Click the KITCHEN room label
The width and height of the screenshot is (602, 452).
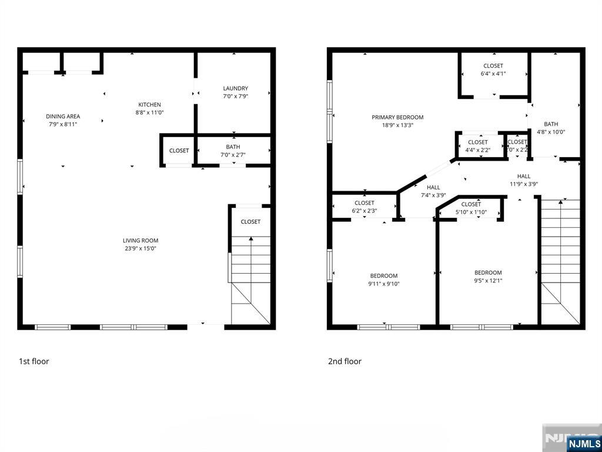[x=149, y=105]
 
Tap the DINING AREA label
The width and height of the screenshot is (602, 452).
[x=63, y=117]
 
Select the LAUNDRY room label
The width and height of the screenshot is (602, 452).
[x=235, y=89]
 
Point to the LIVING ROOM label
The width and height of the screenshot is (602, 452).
[x=141, y=240]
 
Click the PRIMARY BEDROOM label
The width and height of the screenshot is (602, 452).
[x=397, y=117]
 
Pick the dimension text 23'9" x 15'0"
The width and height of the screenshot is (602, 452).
[x=140, y=248]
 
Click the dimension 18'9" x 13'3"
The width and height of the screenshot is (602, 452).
[x=397, y=125]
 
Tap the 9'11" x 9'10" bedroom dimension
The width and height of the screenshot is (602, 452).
[x=384, y=284]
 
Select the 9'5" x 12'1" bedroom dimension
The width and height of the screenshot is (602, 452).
[x=488, y=281]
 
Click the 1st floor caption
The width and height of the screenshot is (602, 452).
[x=34, y=361]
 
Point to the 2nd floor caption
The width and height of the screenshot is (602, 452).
[x=345, y=361]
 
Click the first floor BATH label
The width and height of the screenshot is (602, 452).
[x=233, y=147]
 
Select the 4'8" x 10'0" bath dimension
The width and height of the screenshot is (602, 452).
[x=551, y=132]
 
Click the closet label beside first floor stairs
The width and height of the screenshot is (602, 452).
[x=250, y=222]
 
